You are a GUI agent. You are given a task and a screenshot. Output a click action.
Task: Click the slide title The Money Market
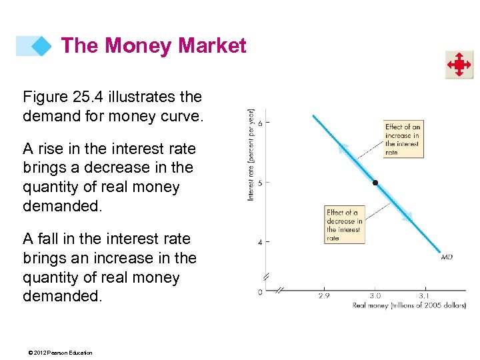click(x=153, y=46)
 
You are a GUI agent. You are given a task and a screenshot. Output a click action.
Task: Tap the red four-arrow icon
click(x=459, y=65)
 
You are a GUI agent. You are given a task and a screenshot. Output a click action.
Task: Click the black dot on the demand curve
click(x=375, y=182)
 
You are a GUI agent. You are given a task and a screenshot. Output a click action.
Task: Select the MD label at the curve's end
click(x=447, y=257)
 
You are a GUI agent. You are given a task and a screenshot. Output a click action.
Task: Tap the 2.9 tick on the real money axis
click(x=323, y=295)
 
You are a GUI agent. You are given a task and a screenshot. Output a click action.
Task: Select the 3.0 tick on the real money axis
click(x=375, y=295)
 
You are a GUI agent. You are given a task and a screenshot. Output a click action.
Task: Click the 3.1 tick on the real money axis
click(x=424, y=295)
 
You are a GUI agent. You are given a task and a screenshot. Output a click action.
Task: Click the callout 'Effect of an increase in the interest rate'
click(x=403, y=139)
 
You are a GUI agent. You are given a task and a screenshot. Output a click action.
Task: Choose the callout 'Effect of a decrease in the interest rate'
click(x=345, y=225)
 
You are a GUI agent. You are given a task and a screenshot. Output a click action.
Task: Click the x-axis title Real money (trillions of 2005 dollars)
click(x=409, y=305)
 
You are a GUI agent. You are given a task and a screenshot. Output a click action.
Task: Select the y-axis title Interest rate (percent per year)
click(x=251, y=155)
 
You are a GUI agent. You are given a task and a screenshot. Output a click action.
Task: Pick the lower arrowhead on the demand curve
click(x=406, y=216)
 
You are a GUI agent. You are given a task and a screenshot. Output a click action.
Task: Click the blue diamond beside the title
click(x=41, y=46)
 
